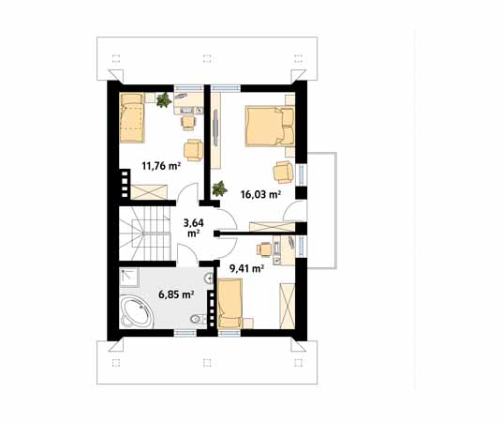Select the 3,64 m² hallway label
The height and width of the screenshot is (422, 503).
[193, 228]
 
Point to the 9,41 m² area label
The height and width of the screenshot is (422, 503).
[246, 267]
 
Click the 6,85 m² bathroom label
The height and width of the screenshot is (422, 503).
[175, 294]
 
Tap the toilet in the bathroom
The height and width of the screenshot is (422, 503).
[194, 322]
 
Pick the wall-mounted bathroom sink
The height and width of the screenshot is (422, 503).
[208, 279]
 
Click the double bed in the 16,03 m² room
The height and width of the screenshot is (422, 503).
[271, 126]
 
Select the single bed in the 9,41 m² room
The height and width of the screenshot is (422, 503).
[229, 307]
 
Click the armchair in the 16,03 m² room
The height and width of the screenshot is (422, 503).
[283, 171]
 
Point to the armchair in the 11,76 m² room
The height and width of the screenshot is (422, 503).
[194, 149]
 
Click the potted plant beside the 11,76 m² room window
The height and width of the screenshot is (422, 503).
[166, 98]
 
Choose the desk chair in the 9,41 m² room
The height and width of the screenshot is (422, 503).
[266, 250]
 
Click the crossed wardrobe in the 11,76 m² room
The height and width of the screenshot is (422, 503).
[150, 193]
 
